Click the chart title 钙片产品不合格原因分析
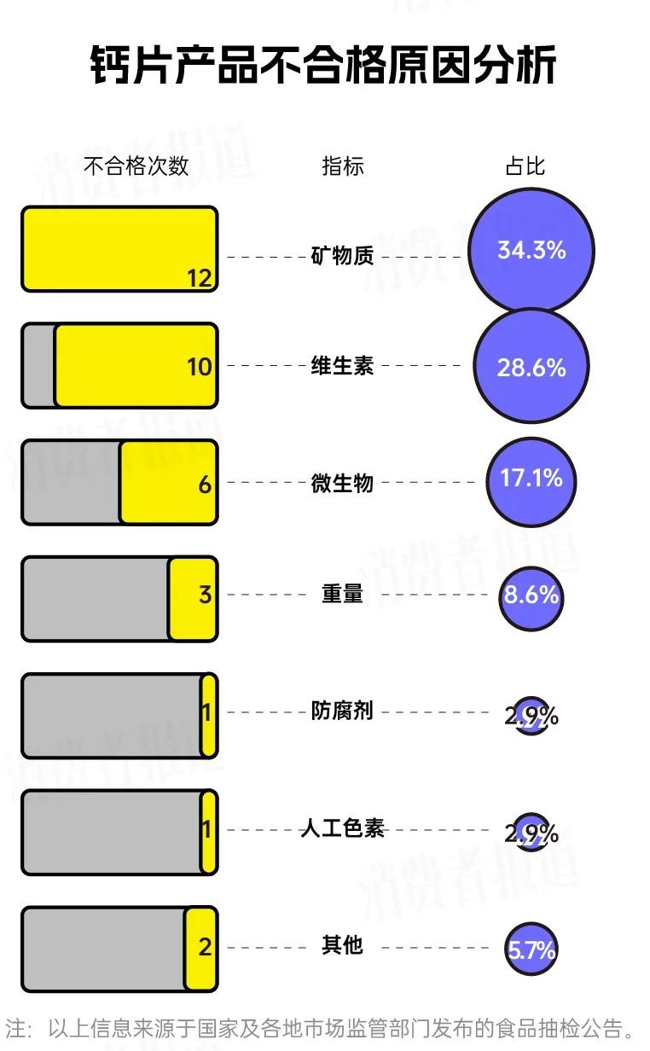pos(323,65)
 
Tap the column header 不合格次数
pos(136,165)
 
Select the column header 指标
pos(343,166)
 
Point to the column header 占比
pos(525,165)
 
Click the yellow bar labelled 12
pos(119,249)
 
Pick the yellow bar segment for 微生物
pos(169,482)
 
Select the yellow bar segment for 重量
pos(193,599)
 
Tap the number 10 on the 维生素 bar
pos(200,367)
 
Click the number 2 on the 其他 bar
pos(205,947)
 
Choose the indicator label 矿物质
pos(342,256)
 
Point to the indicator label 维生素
pos(342,365)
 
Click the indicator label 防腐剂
pos(342,711)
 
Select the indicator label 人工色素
pos(342,828)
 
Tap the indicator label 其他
pos(342,945)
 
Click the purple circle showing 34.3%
pos(531,250)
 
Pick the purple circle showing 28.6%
pos(531,367)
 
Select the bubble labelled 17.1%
pos(531,482)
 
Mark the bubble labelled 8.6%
pos(531,599)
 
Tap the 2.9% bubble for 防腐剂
pos(531,716)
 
